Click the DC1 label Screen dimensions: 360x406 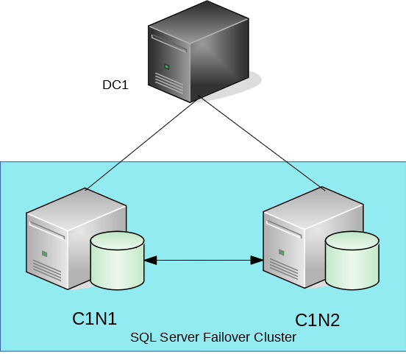coord(115,85)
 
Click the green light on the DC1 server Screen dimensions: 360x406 coord(167,67)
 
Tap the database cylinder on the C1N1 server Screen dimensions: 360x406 coord(117,261)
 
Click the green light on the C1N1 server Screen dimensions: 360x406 coord(45,253)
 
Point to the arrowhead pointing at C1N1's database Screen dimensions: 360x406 coord(152,259)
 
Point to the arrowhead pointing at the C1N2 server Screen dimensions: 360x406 coord(257,259)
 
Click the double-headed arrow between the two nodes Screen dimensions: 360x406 coord(204,259)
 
